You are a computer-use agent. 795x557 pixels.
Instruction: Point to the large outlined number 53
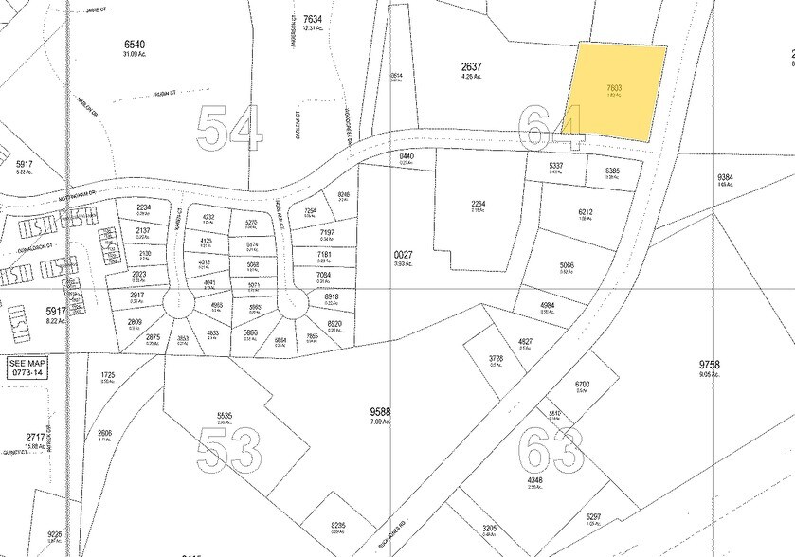pos(229,451)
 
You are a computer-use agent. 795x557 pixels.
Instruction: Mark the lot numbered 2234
pos(144,207)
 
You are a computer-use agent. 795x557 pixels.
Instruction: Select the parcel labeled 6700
pos(583,384)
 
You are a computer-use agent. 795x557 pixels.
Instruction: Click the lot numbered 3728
pos(496,358)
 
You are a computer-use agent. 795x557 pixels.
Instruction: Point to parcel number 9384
pos(726,177)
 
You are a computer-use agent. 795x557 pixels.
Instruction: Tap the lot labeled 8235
pos(338,526)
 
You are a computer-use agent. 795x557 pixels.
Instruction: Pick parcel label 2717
pos(37,437)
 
